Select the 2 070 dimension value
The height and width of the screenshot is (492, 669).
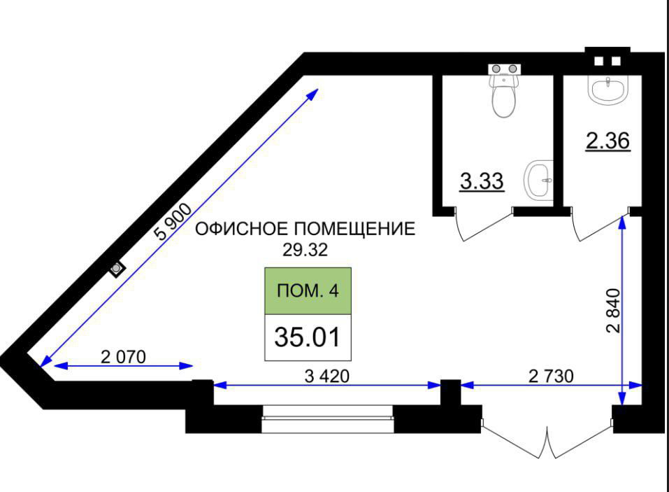coord(123,357)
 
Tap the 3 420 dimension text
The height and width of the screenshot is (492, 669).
coord(327,376)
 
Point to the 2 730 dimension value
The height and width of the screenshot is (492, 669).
coord(550,376)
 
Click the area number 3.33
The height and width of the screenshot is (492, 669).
coord(482,182)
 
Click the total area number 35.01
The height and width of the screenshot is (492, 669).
coord(308,337)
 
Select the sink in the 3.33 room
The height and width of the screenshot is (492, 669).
coord(539,180)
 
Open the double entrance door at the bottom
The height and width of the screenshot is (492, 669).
coord(547,437)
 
